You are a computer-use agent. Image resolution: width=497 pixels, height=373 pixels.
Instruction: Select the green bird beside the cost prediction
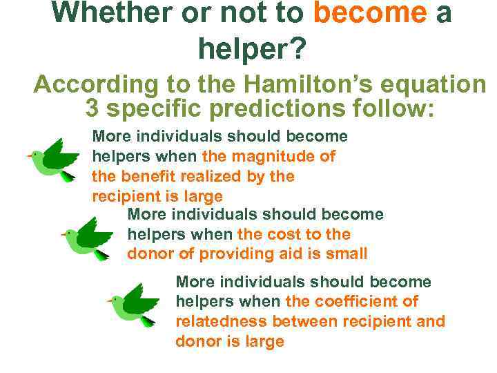tap(88, 238)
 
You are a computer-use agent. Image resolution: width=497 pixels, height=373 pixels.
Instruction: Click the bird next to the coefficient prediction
tap(135, 304)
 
